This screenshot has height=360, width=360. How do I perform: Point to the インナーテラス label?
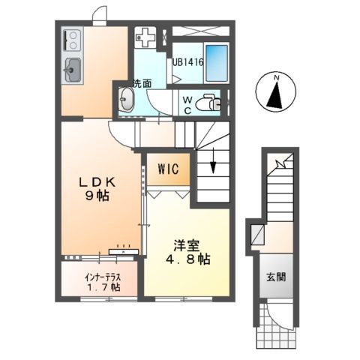[x=100, y=276]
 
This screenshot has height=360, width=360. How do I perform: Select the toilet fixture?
[x=213, y=105]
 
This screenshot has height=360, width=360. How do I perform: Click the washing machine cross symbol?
[x=146, y=36]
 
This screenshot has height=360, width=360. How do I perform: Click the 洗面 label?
[x=142, y=83]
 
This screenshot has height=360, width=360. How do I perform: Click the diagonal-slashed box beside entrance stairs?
[x=255, y=232]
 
